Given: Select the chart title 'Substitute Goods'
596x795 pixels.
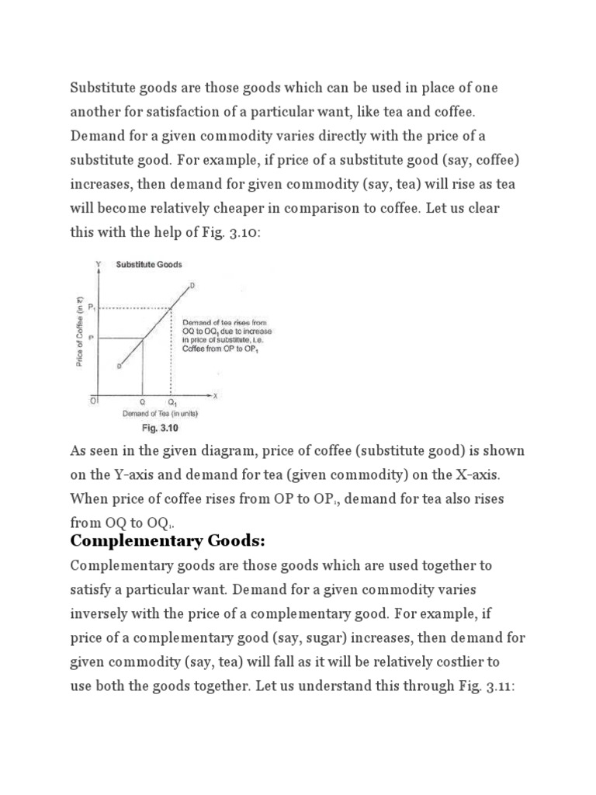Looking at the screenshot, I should pyautogui.click(x=149, y=264).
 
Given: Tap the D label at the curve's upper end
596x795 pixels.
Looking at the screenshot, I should pyautogui.click(x=192, y=286).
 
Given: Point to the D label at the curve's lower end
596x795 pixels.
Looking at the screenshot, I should pyautogui.click(x=119, y=366).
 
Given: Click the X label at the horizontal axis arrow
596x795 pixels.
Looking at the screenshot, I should pyautogui.click(x=216, y=395).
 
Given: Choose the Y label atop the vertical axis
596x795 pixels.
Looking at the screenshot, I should pyautogui.click(x=98, y=264).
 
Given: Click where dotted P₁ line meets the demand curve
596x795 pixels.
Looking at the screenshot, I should pyautogui.click(x=171, y=309).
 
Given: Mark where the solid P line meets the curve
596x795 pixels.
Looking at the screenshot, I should pyautogui.click(x=142, y=338).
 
